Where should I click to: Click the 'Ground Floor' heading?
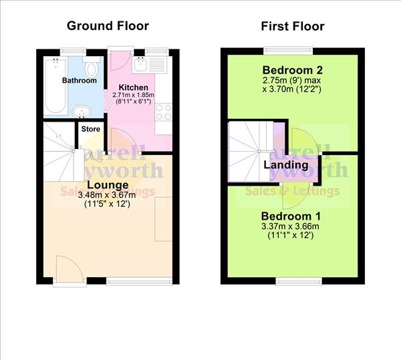click(108, 26)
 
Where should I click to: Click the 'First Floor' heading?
click(292, 26)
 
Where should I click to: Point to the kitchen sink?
click(141, 65)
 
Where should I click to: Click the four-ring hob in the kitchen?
click(164, 112)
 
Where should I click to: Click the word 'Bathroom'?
click(80, 81)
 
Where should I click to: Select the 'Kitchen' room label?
click(133, 87)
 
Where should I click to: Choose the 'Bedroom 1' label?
click(286, 216)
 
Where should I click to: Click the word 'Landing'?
click(285, 164)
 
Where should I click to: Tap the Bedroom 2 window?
click(288, 49)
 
